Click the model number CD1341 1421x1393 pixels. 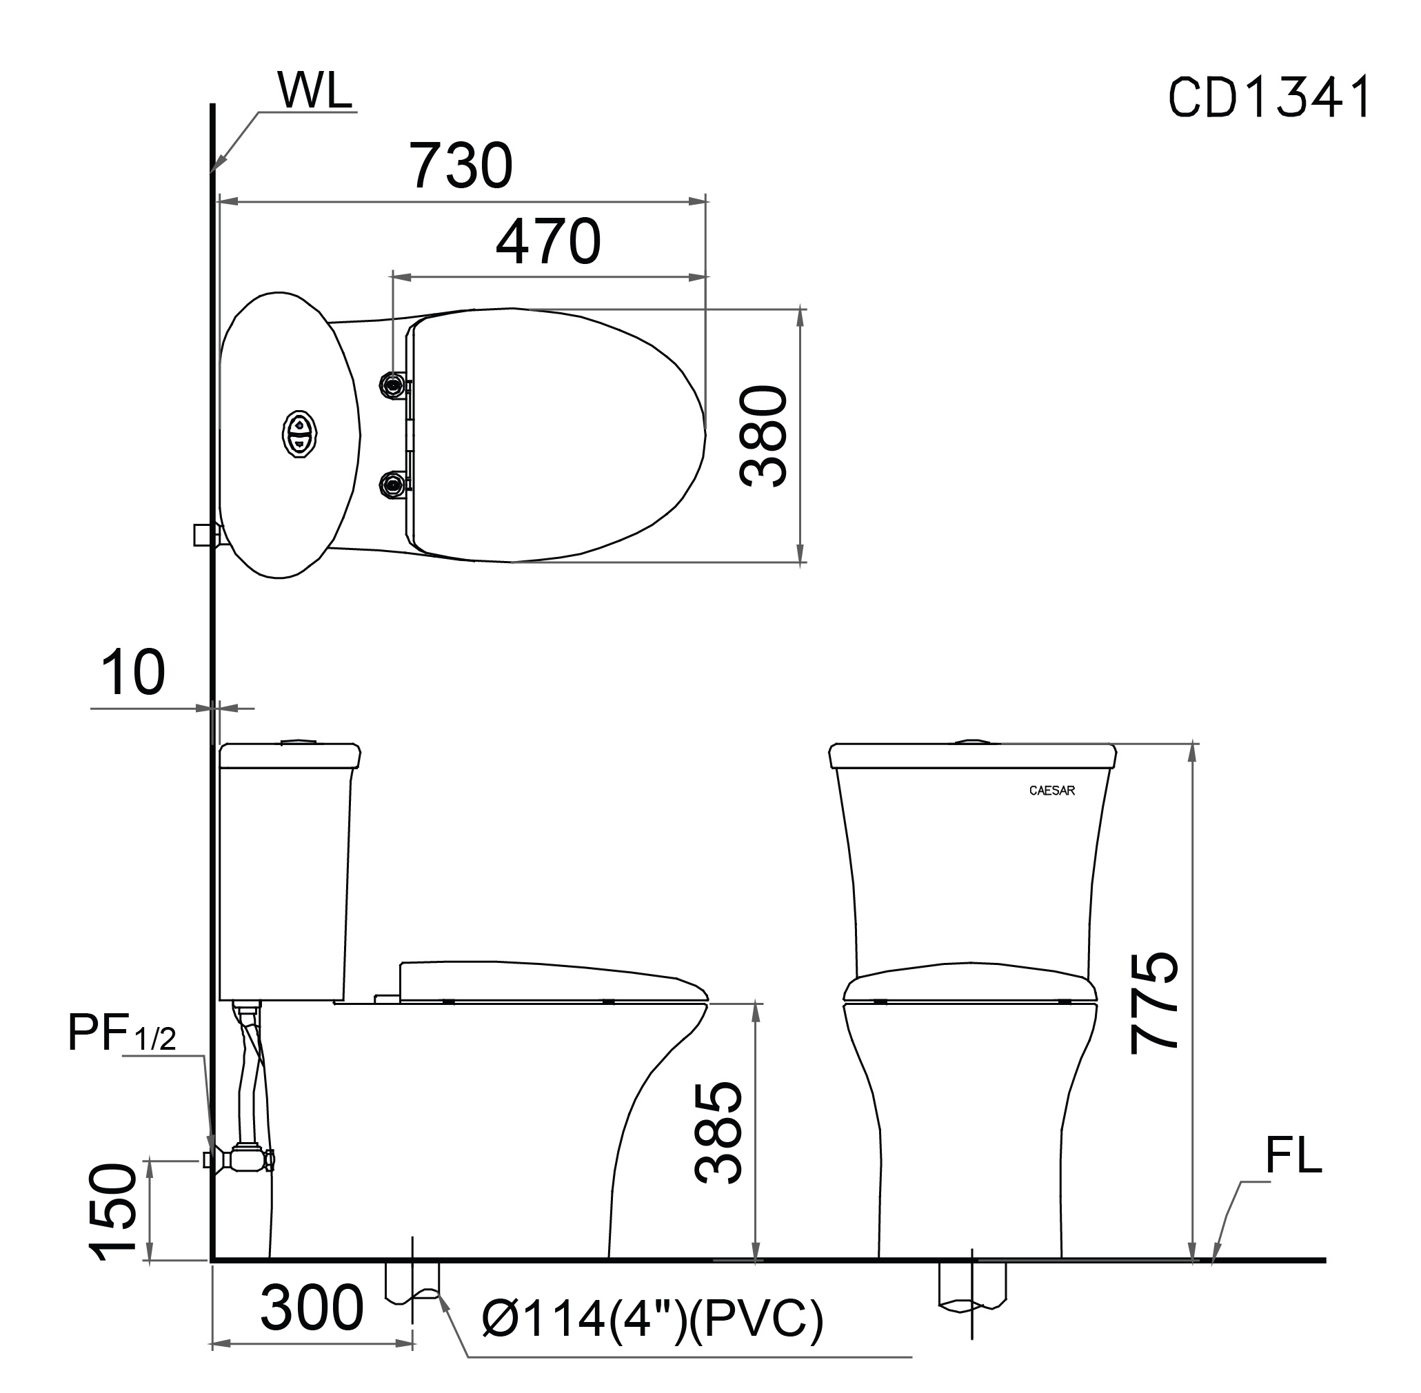[1269, 97]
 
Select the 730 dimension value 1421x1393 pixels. [461, 165]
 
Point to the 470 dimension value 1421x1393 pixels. [548, 241]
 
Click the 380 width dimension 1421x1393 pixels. [764, 437]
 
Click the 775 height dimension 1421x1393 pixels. [1155, 1001]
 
